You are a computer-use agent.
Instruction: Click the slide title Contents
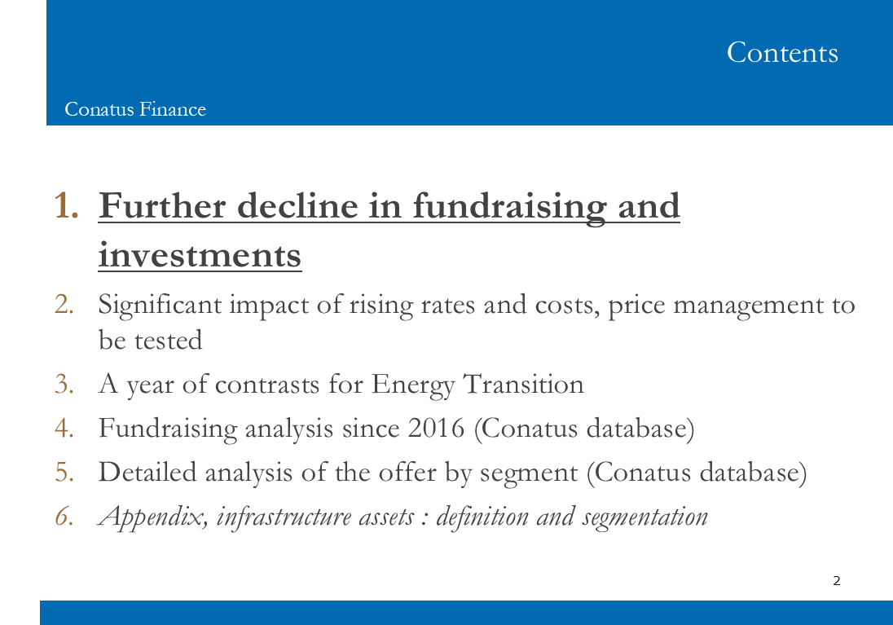pyautogui.click(x=782, y=52)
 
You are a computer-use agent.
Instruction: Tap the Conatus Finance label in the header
pyautogui.click(x=135, y=109)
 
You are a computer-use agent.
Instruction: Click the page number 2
pyautogui.click(x=837, y=580)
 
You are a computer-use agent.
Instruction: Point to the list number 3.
pyautogui.click(x=64, y=384)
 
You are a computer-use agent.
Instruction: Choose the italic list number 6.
pyautogui.click(x=64, y=517)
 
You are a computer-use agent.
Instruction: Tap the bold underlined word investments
pyautogui.click(x=200, y=255)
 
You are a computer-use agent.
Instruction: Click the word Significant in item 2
pyautogui.click(x=160, y=306)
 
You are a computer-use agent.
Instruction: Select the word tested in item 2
pyautogui.click(x=168, y=341)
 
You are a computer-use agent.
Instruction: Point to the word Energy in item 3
pyautogui.click(x=413, y=385)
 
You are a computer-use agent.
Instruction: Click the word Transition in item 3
pyautogui.click(x=523, y=384)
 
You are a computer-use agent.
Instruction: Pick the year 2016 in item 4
pyautogui.click(x=436, y=429)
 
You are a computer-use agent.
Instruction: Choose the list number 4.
pyautogui.click(x=64, y=429)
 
